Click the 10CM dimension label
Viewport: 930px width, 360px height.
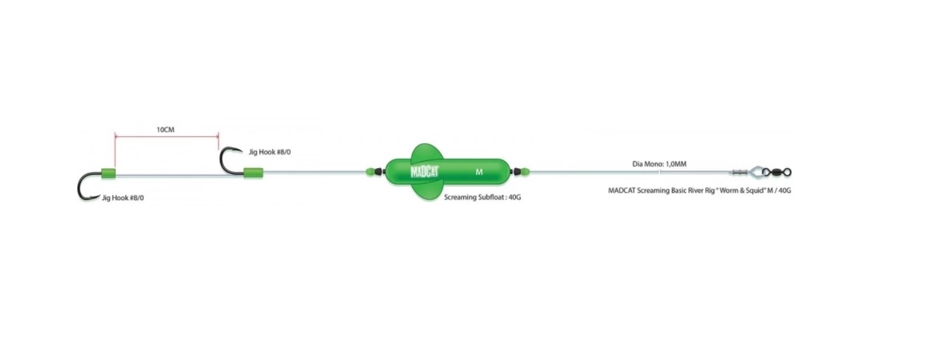(166, 130)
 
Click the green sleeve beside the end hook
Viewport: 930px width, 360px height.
(109, 173)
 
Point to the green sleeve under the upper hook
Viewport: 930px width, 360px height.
(253, 173)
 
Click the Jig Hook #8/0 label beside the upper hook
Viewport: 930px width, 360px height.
(270, 152)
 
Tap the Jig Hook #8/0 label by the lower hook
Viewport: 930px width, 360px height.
(123, 198)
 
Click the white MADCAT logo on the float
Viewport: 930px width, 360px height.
(424, 172)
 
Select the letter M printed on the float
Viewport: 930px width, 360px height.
(479, 172)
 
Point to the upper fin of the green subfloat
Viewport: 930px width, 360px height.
(426, 152)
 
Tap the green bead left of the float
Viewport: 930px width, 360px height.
(370, 171)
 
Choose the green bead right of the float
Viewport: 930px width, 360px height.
(525, 171)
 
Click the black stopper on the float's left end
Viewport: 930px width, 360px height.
(380, 171)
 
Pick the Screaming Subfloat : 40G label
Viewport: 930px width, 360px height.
(483, 197)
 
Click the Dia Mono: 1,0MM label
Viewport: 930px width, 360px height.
(659, 164)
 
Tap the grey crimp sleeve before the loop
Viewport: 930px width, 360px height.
(740, 171)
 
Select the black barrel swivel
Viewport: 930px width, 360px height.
(777, 172)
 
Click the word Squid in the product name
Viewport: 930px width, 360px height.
(755, 191)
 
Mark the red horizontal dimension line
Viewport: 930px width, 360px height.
(167, 136)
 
